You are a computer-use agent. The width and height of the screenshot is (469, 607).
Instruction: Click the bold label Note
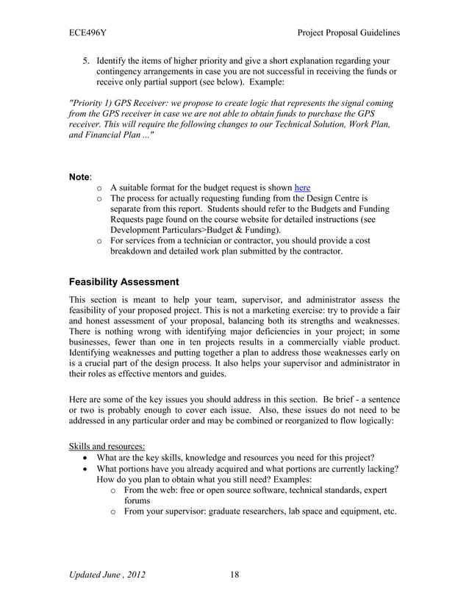tap(79, 177)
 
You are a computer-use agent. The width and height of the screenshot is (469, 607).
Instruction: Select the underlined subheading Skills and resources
tap(107, 446)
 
